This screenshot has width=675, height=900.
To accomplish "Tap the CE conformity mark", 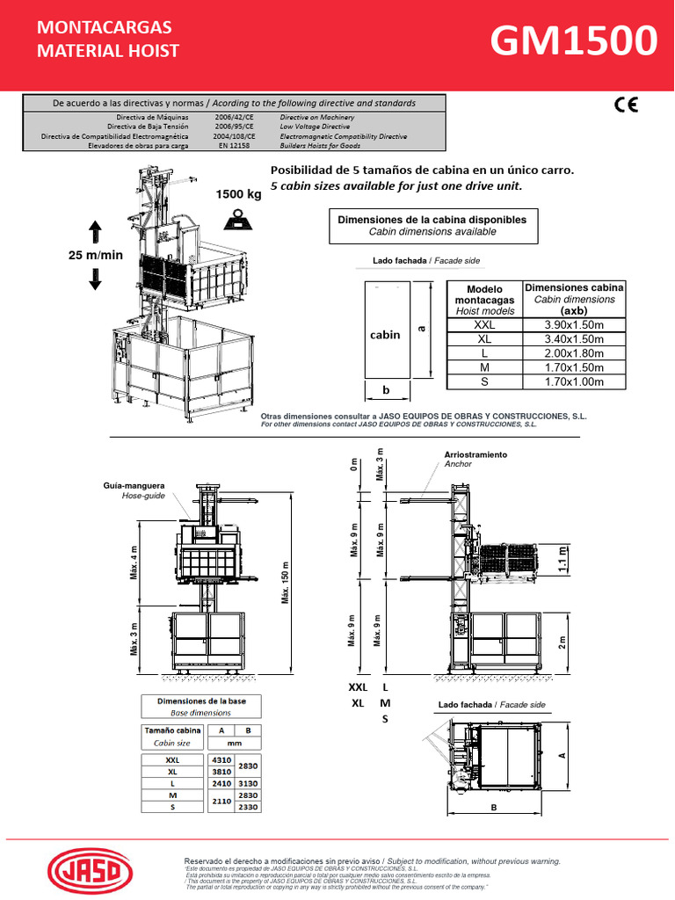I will (626, 105).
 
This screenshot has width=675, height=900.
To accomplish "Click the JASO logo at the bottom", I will (92, 872).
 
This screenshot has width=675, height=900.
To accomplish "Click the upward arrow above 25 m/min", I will (95, 233).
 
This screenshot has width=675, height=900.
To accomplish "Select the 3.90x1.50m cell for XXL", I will (575, 324).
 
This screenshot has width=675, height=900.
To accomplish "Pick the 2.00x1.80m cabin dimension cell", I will (575, 353).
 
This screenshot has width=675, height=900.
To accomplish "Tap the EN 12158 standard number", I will (234, 146).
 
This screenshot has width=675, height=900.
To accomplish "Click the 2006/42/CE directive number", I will (235, 117).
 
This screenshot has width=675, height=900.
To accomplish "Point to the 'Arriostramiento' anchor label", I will (475, 454).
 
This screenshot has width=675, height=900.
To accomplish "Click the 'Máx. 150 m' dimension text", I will (285, 584).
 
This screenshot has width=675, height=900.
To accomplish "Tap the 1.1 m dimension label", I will (563, 559).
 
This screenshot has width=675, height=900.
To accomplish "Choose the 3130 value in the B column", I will (249, 783).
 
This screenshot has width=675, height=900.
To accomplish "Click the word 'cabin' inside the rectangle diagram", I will (385, 335).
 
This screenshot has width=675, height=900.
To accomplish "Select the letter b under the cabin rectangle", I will (385, 390).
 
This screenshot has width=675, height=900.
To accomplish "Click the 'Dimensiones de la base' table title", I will (201, 700).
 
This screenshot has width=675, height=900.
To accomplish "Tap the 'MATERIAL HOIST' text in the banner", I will (107, 51).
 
